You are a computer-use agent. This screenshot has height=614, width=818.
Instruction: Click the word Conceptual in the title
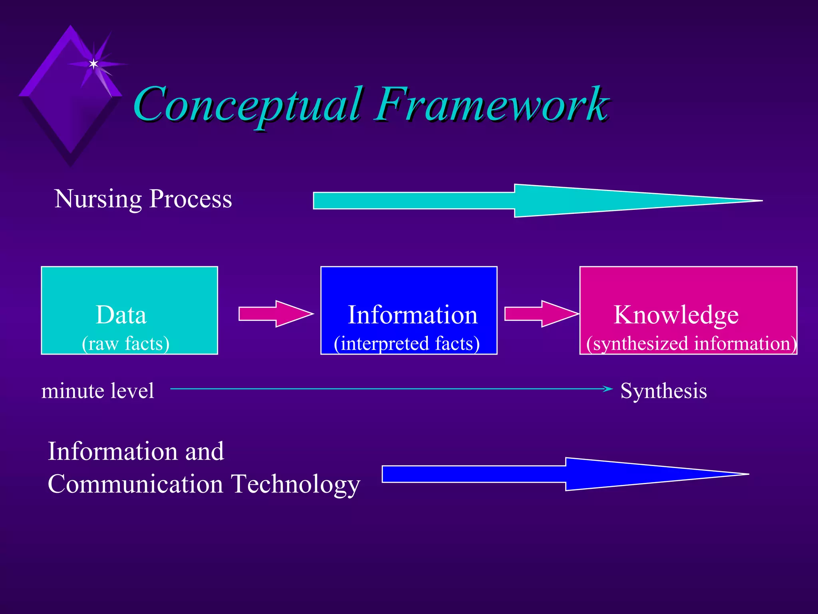click(x=248, y=105)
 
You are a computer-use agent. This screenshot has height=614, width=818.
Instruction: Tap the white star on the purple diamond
click(x=93, y=64)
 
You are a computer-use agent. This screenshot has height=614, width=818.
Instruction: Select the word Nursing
click(x=98, y=199)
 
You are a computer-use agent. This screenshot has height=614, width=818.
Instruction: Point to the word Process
click(x=191, y=199)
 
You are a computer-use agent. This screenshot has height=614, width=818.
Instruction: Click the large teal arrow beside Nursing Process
click(x=519, y=201)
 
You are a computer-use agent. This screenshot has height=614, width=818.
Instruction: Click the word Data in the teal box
click(x=121, y=315)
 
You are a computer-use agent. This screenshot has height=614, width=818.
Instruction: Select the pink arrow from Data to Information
click(x=276, y=314)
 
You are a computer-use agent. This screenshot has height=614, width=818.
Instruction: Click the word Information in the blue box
click(x=413, y=315)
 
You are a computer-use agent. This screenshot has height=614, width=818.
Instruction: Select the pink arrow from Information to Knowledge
click(x=541, y=314)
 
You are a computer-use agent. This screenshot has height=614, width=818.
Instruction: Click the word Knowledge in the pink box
click(x=676, y=315)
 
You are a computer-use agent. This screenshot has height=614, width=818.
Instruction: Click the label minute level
click(x=97, y=391)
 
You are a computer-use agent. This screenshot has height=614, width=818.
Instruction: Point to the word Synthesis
click(x=663, y=391)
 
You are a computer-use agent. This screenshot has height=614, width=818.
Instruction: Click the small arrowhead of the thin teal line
click(x=608, y=389)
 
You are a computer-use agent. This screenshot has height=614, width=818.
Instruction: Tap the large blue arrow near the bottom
click(x=559, y=474)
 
